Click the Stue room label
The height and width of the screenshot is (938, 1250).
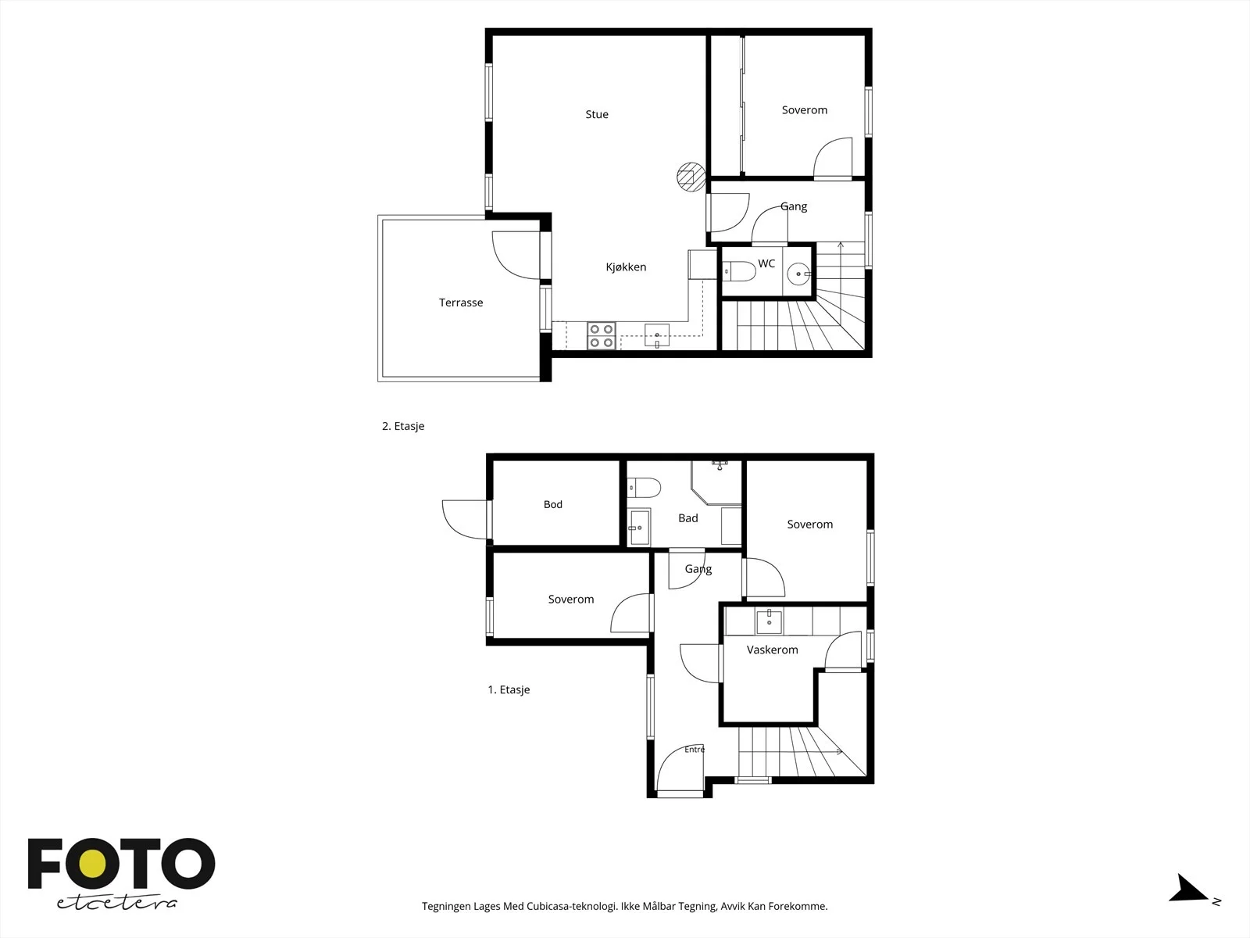(x=597, y=114)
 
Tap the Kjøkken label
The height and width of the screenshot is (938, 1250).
(x=626, y=267)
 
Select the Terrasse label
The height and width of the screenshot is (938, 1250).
(x=461, y=303)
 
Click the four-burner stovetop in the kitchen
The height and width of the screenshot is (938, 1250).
(x=602, y=335)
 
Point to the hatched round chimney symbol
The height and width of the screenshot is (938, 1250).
(x=691, y=177)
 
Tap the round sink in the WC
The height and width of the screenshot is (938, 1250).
(x=799, y=274)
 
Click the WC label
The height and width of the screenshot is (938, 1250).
(x=766, y=263)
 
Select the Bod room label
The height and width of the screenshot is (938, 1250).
(x=553, y=505)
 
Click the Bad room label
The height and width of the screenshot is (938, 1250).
(x=688, y=518)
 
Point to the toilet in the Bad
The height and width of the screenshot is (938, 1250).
(x=644, y=488)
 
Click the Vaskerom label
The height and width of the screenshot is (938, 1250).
(x=772, y=650)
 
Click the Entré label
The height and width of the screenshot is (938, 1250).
(x=695, y=750)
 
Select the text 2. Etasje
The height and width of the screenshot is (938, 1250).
(x=403, y=426)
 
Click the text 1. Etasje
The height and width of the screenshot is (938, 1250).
(x=509, y=689)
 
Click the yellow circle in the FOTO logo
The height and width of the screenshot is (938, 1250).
(x=93, y=864)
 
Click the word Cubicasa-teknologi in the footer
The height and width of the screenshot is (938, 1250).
(x=573, y=906)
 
